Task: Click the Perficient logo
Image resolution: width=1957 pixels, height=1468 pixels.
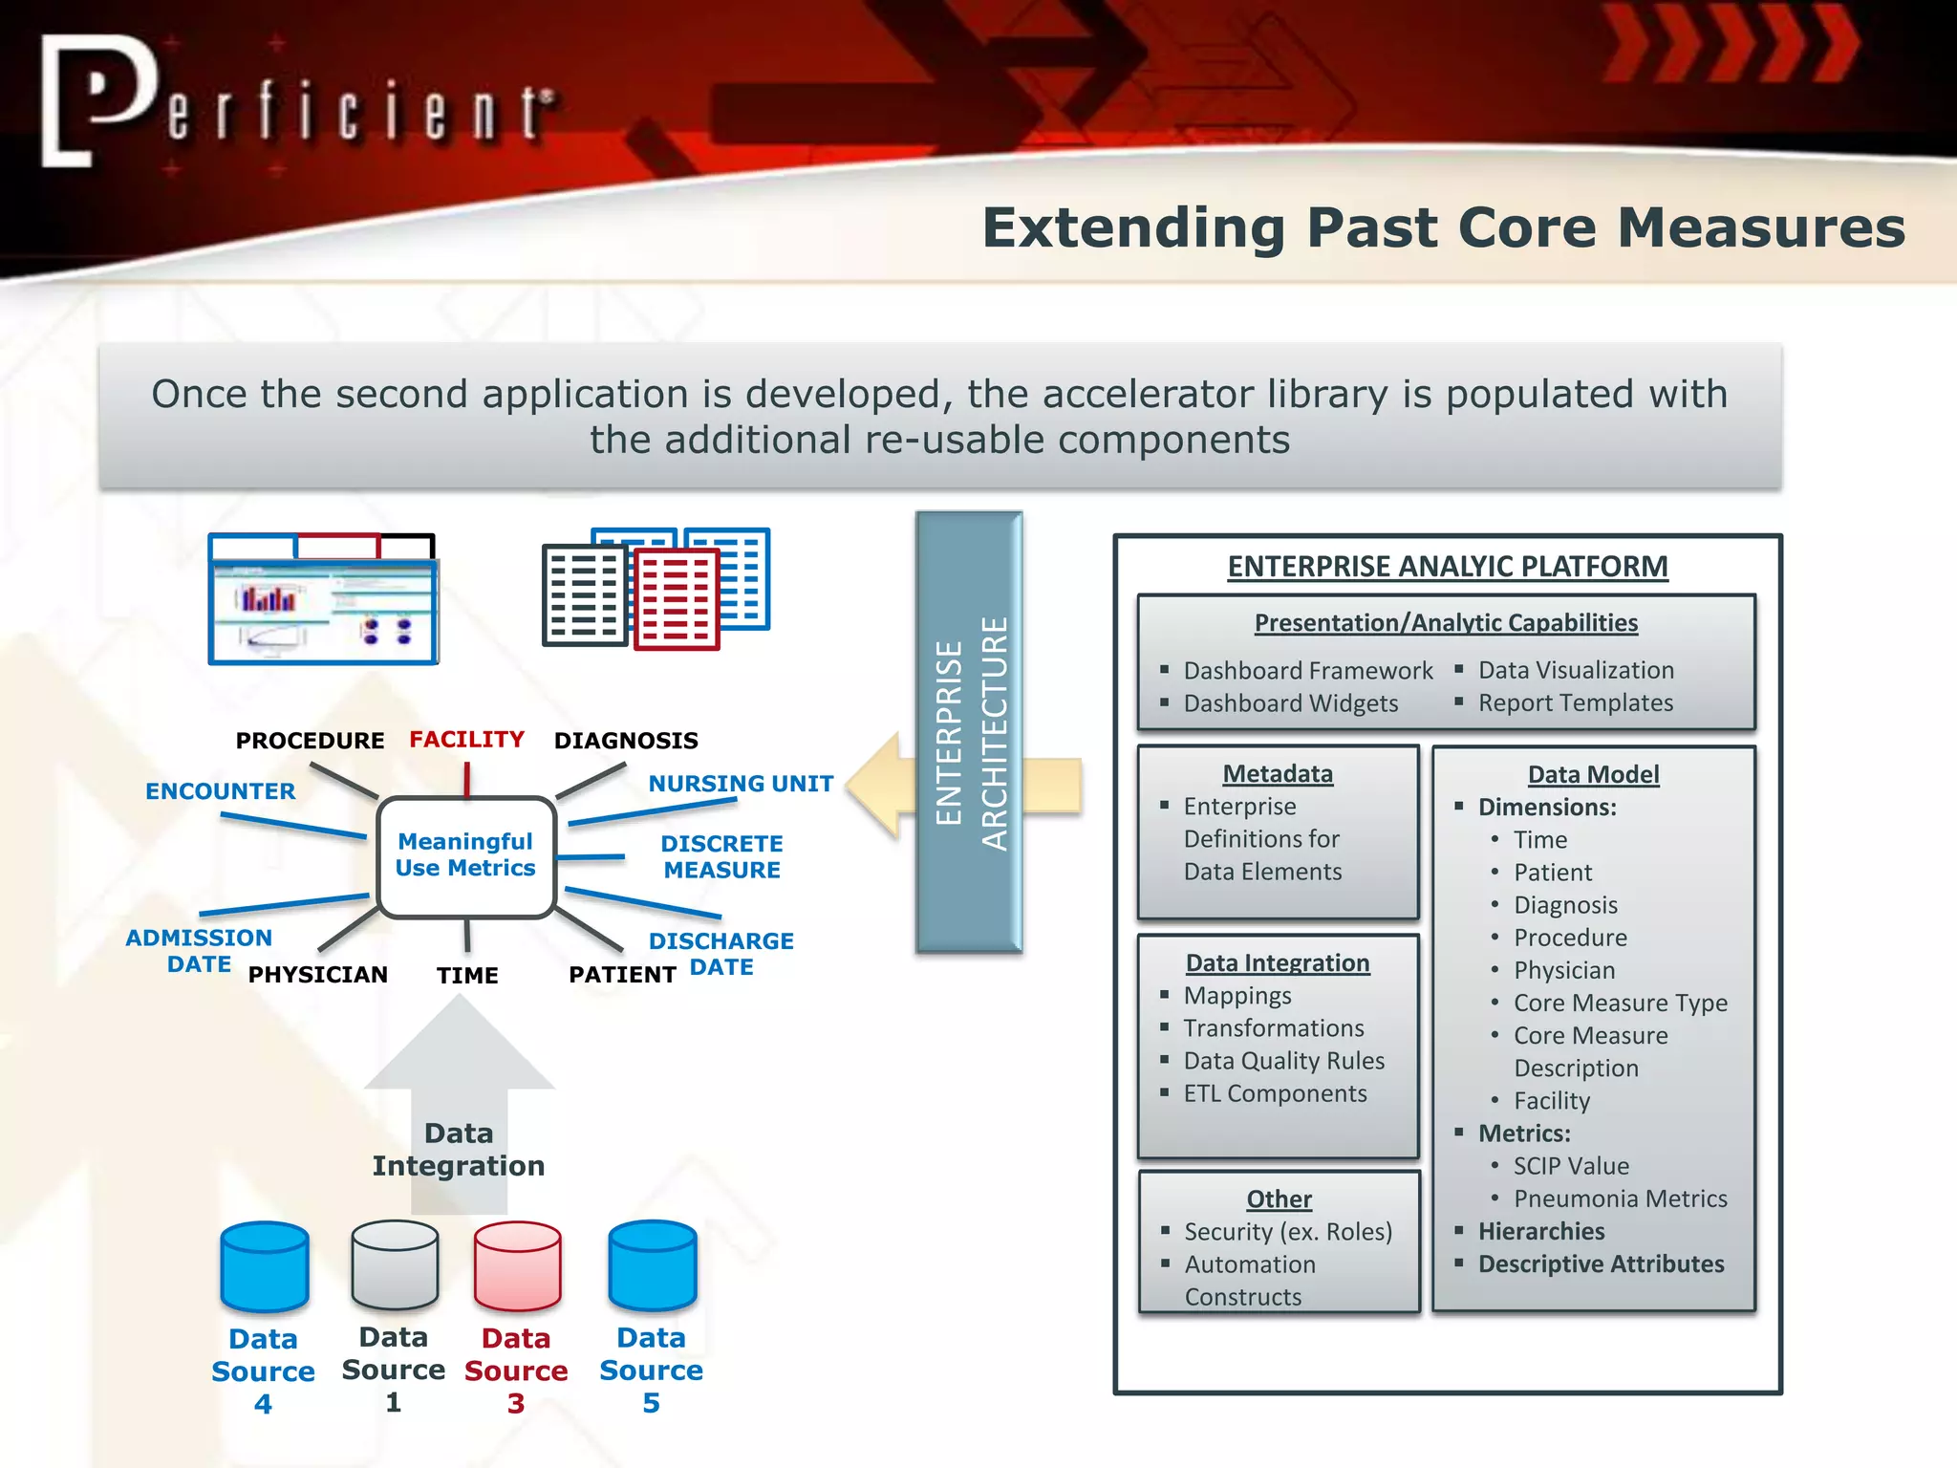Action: pos(296,103)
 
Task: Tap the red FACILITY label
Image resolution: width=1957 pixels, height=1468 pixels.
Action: pos(466,739)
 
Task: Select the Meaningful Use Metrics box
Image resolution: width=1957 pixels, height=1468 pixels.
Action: pos(466,855)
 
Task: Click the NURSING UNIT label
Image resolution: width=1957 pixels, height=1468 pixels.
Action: pos(741,784)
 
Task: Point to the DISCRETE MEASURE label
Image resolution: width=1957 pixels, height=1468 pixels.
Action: pos(721,856)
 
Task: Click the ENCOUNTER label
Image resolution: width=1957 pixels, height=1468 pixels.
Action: pos(220,791)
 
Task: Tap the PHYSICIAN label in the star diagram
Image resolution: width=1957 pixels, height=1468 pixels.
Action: pos(317,975)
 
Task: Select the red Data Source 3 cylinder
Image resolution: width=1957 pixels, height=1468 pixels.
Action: pos(517,1265)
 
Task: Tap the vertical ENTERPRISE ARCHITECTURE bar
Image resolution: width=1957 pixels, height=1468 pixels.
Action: pos(968,732)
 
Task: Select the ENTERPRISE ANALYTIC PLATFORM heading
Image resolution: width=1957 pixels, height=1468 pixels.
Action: pos(1447,567)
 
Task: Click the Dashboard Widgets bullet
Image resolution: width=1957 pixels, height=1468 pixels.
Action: pos(1290,703)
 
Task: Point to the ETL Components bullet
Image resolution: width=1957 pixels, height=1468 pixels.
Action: pos(1275,1093)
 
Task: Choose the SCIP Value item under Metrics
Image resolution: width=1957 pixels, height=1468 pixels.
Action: pos(1571,1166)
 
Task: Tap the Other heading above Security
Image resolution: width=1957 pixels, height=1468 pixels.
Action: pos(1279,1198)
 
